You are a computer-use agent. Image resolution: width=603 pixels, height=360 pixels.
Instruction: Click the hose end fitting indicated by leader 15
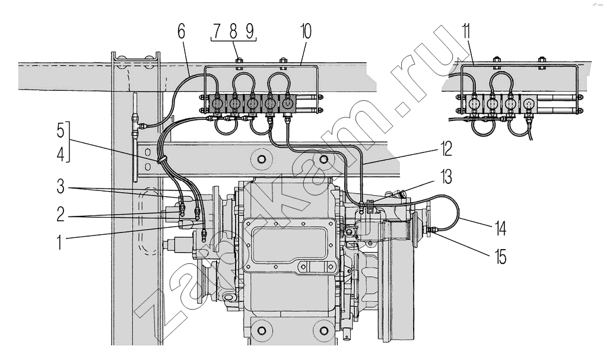pos(431,230)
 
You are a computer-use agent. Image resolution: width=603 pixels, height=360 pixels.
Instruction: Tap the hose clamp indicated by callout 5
pos(160,159)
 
